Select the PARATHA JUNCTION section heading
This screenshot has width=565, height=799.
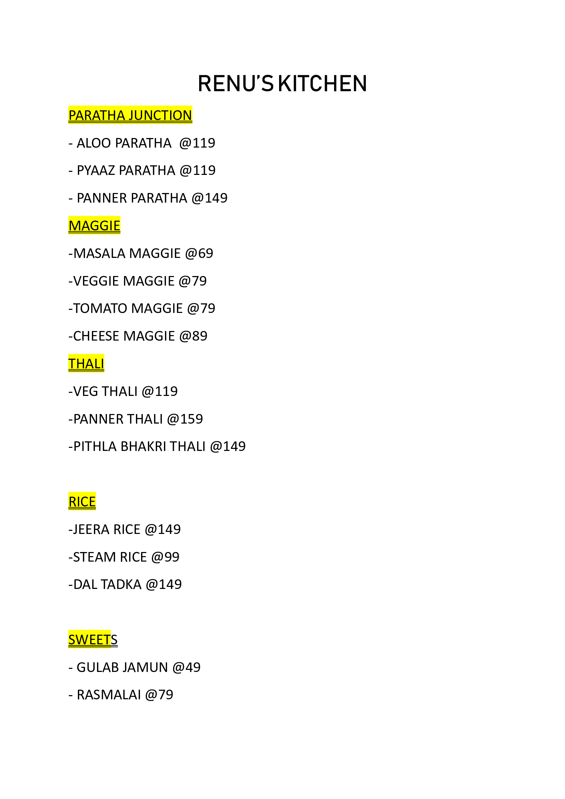click(x=130, y=115)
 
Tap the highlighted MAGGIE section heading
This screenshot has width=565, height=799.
click(x=94, y=225)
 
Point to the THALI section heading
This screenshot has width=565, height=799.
click(x=86, y=364)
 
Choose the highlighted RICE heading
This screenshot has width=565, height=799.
click(x=82, y=501)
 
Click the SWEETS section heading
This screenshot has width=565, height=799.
click(x=93, y=639)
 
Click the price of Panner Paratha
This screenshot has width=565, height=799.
click(x=209, y=198)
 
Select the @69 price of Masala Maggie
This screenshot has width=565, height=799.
click(x=199, y=253)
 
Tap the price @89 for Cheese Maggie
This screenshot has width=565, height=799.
click(x=193, y=336)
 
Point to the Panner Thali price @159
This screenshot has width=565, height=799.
click(x=185, y=419)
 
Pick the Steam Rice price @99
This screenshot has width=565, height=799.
click(x=165, y=557)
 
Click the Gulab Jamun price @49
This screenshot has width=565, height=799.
click(x=187, y=667)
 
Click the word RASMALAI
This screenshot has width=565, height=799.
click(x=109, y=695)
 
